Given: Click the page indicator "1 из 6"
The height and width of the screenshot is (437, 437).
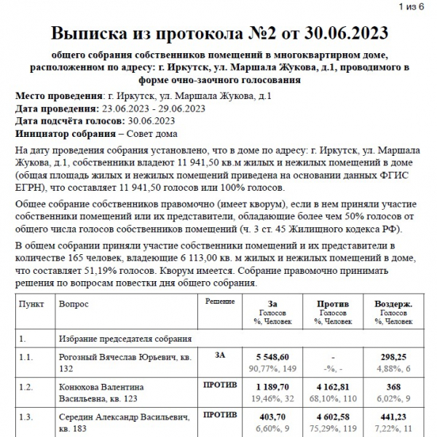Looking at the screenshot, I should (417, 7).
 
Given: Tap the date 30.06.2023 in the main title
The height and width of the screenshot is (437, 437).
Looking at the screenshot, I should (339, 34).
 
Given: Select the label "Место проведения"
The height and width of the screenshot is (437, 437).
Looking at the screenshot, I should (57, 96).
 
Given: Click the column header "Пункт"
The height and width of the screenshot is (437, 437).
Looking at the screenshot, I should (31, 304).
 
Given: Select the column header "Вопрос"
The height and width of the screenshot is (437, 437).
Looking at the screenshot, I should (74, 304).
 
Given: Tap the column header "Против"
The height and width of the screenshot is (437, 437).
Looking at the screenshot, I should (333, 304).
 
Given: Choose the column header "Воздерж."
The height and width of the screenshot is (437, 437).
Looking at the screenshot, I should (393, 304).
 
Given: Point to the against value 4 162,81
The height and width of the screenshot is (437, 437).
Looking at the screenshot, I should (333, 387).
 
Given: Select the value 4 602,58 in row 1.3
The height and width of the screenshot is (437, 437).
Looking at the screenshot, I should (333, 417).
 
